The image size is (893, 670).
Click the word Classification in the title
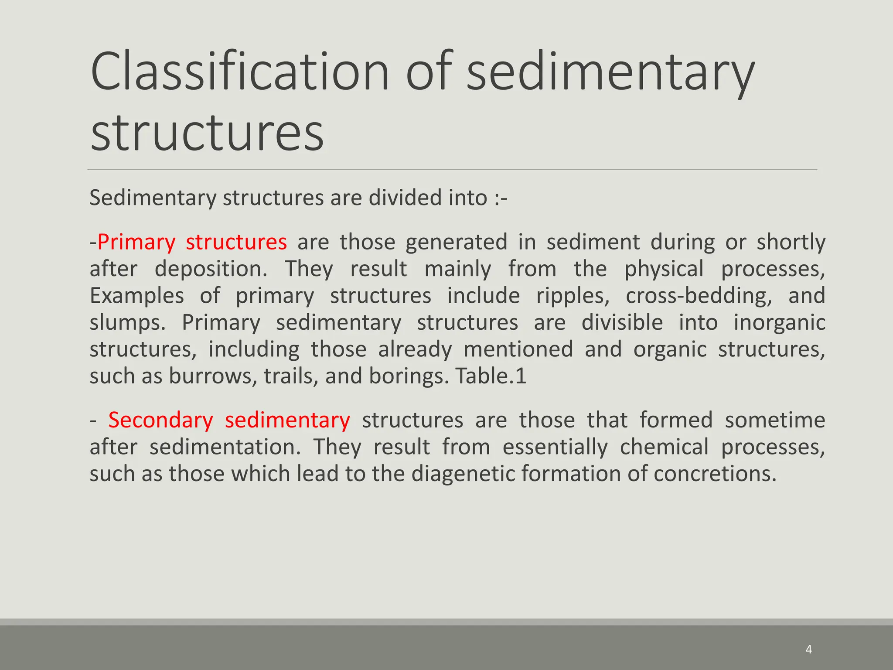click(239, 71)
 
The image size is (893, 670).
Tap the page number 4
click(809, 649)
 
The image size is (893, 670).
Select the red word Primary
click(136, 242)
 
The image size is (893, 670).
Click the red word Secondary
click(160, 420)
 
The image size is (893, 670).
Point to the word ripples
click(573, 296)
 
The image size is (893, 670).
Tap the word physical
click(664, 269)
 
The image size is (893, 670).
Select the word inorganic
click(779, 323)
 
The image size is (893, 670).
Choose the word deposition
click(211, 269)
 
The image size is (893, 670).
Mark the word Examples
click(136, 296)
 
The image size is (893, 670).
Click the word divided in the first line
click(405, 198)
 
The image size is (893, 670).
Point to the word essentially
click(555, 447)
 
